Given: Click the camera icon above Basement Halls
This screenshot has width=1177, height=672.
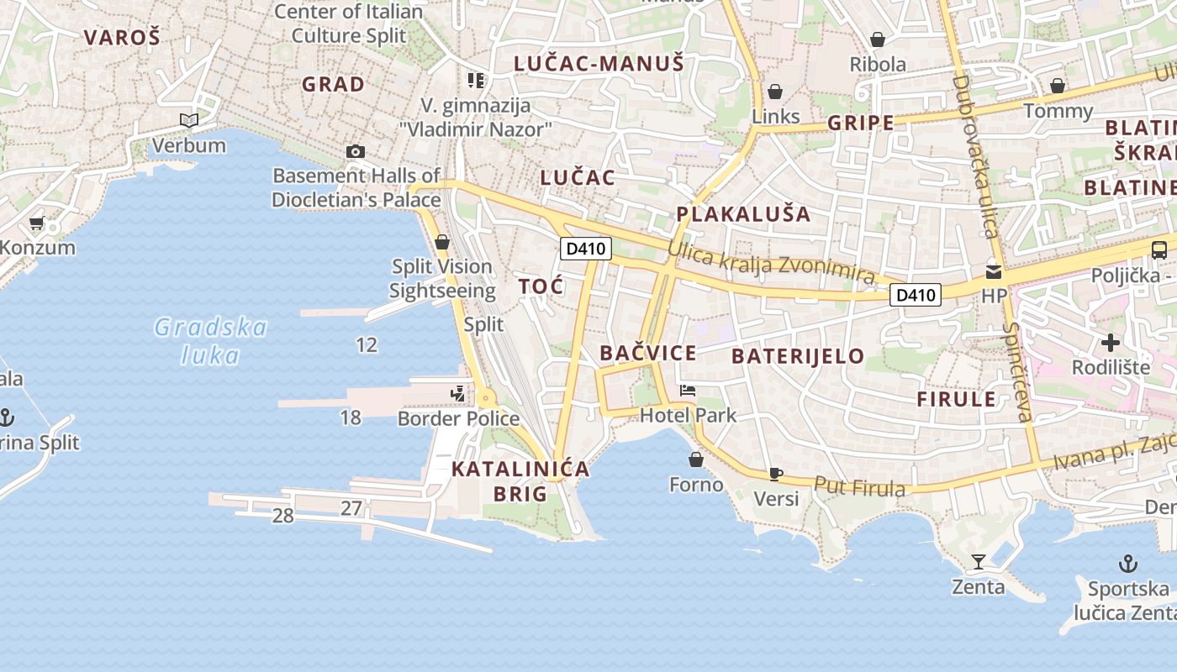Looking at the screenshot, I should click(x=356, y=152).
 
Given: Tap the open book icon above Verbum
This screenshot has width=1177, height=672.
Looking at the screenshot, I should click(x=189, y=121).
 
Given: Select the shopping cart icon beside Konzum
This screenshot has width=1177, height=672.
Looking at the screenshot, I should click(x=36, y=223).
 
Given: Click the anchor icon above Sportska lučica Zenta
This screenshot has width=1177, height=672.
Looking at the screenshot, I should click(x=1127, y=564).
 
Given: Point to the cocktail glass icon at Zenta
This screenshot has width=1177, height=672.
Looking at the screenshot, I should click(x=979, y=561).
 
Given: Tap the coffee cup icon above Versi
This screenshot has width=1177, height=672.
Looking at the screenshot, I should click(x=776, y=475).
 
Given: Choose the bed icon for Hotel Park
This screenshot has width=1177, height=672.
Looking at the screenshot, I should click(x=688, y=391).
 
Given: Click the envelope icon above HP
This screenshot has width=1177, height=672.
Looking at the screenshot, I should click(x=994, y=271).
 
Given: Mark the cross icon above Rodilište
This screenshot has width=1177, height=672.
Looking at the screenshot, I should click(x=1111, y=343).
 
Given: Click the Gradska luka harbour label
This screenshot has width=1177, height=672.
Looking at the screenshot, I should click(x=210, y=340).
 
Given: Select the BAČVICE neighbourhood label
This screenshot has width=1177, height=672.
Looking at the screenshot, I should click(x=648, y=354).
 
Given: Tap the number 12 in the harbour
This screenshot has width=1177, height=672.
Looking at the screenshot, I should click(x=367, y=344).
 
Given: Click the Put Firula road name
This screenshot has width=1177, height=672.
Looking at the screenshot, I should click(x=859, y=486).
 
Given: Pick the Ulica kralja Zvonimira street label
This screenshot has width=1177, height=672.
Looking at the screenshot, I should click(x=771, y=263).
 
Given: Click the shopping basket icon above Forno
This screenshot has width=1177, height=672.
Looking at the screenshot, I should click(x=696, y=459).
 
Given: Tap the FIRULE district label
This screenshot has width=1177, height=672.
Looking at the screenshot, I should click(x=956, y=399).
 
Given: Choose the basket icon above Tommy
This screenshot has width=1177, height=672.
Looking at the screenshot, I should click(x=1058, y=86).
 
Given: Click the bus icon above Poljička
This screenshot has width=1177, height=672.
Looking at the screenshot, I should click(x=1159, y=249).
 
